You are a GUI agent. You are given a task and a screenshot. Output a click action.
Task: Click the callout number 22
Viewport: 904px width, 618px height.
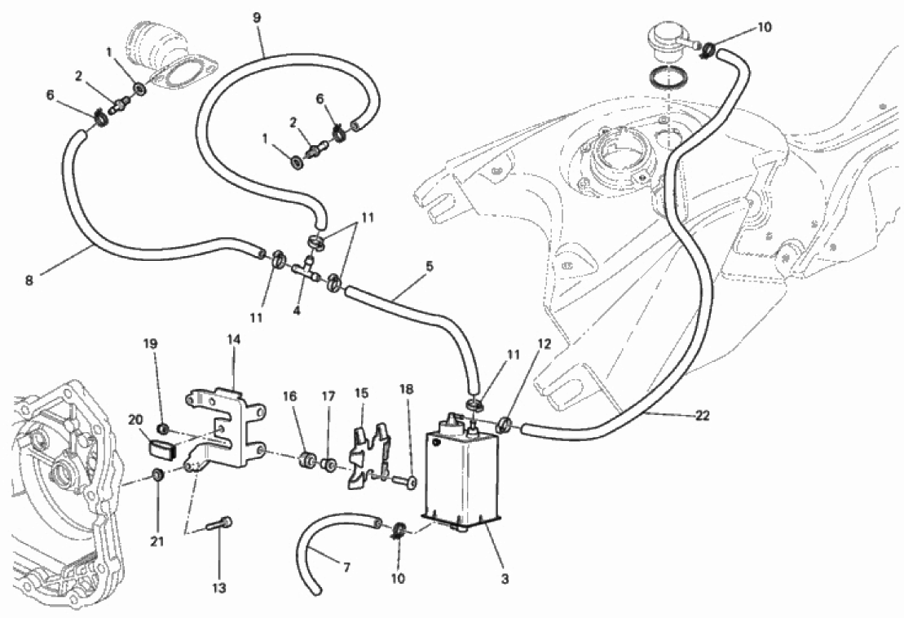[702, 415]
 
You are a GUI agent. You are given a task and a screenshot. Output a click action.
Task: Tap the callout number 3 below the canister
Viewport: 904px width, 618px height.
[505, 578]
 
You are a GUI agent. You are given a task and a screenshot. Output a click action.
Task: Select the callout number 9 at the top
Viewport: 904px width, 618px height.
[257, 18]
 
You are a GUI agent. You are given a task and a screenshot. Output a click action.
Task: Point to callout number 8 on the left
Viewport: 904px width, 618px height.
[29, 280]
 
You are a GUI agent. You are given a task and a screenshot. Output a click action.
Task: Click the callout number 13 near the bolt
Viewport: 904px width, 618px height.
[219, 589]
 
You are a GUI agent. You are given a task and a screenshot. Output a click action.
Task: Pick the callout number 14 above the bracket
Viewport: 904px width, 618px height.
[233, 339]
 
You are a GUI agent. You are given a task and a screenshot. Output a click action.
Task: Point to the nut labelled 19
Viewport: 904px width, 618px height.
[163, 429]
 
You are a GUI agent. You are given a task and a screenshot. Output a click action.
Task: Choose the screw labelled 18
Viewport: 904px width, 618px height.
[405, 479]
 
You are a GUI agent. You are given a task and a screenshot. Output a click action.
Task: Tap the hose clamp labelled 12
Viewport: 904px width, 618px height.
[503, 426]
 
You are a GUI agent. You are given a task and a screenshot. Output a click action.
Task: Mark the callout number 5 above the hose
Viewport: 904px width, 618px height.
[429, 267]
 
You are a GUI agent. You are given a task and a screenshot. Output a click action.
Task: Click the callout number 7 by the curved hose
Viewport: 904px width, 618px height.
[346, 567]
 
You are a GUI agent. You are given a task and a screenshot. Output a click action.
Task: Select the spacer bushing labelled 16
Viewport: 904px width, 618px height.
[306, 460]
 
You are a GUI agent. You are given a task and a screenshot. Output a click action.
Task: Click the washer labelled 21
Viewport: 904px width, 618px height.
[157, 475]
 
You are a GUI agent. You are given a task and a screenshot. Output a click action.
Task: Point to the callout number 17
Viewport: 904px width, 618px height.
[328, 396]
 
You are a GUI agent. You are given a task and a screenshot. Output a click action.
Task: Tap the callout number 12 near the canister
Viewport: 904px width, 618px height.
[545, 344]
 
